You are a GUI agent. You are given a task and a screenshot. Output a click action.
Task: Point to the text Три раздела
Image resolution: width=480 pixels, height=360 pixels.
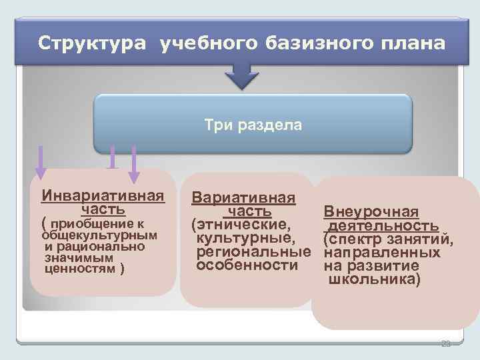253,125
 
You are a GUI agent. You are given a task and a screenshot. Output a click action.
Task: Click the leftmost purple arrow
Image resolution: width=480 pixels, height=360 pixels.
40,163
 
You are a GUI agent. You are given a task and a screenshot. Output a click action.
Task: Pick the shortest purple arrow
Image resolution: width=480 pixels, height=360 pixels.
112,157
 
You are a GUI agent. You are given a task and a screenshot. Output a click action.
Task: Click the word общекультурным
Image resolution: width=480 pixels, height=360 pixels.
99,235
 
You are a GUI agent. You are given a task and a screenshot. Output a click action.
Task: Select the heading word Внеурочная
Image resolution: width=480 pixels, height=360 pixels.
371,212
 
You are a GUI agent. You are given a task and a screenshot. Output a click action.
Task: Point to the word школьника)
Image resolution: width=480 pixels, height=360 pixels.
374,279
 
